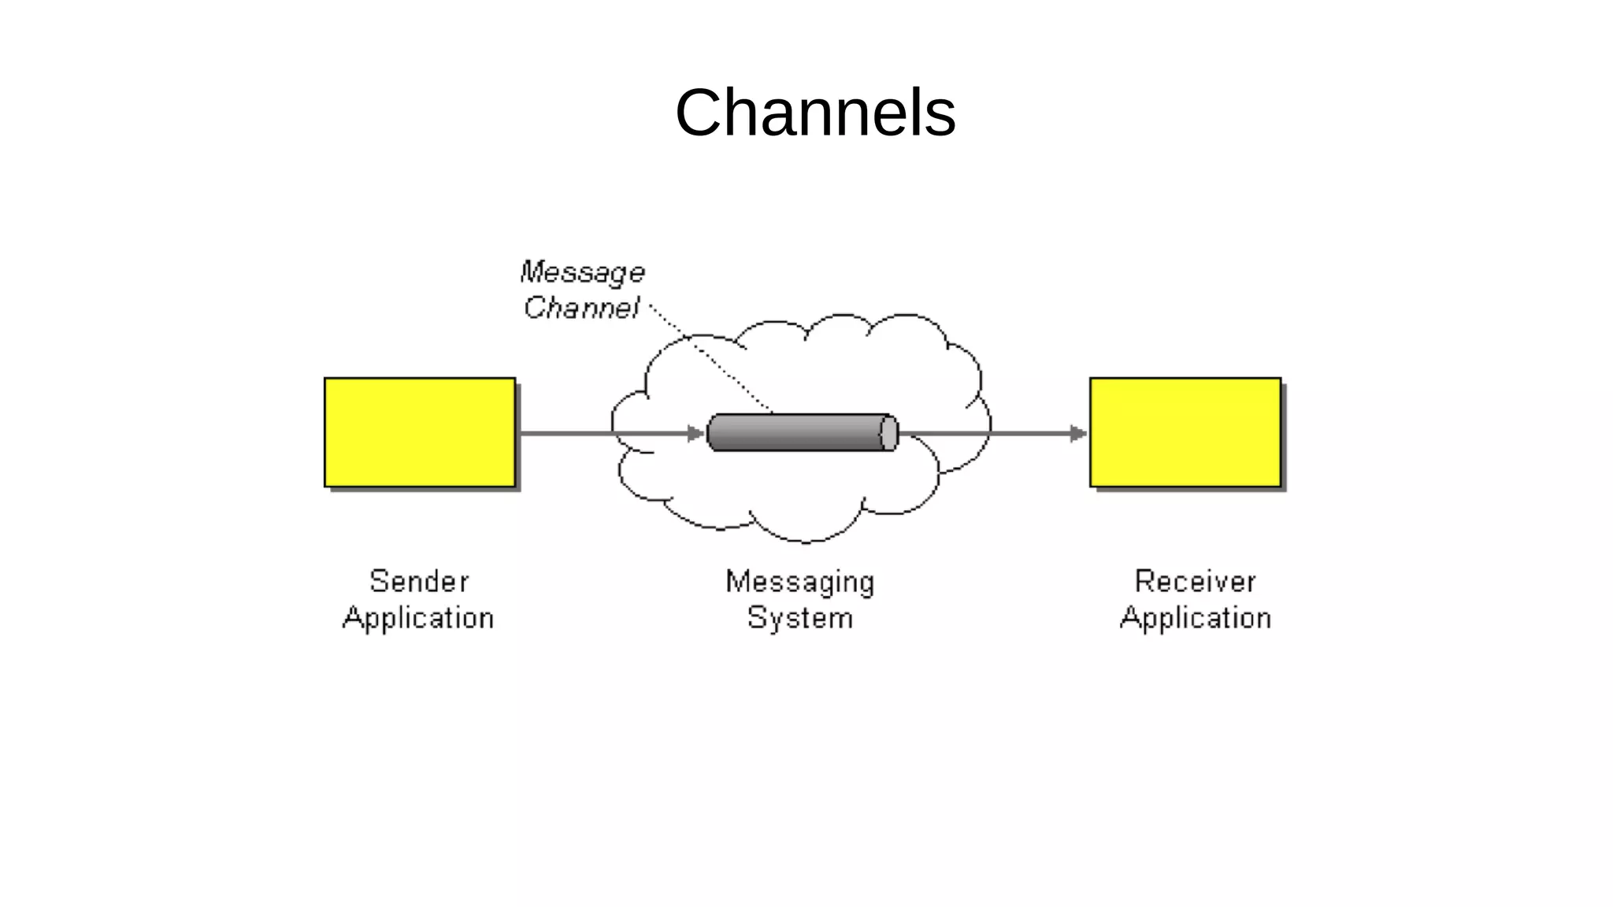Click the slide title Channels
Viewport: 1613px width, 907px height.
tap(815, 113)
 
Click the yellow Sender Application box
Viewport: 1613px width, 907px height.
tap(420, 432)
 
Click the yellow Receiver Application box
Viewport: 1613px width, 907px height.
tap(1185, 432)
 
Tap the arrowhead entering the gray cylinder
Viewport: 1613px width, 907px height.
tap(695, 433)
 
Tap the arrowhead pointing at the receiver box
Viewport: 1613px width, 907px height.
tap(1078, 433)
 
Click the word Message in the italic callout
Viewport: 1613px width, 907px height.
tap(583, 272)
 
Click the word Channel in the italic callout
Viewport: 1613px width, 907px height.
tap(581, 308)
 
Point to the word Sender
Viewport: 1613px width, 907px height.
tap(419, 582)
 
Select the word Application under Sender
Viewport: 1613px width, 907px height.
tap(418, 618)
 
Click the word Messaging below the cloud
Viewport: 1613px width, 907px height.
tap(799, 582)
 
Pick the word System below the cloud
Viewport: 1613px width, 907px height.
tap(799, 618)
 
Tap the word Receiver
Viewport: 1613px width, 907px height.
tap(1195, 582)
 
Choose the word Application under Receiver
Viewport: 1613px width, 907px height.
tap(1195, 618)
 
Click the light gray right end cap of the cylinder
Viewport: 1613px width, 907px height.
tap(889, 433)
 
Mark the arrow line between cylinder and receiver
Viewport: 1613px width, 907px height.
tap(984, 433)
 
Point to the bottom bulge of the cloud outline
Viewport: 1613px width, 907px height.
tap(805, 541)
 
